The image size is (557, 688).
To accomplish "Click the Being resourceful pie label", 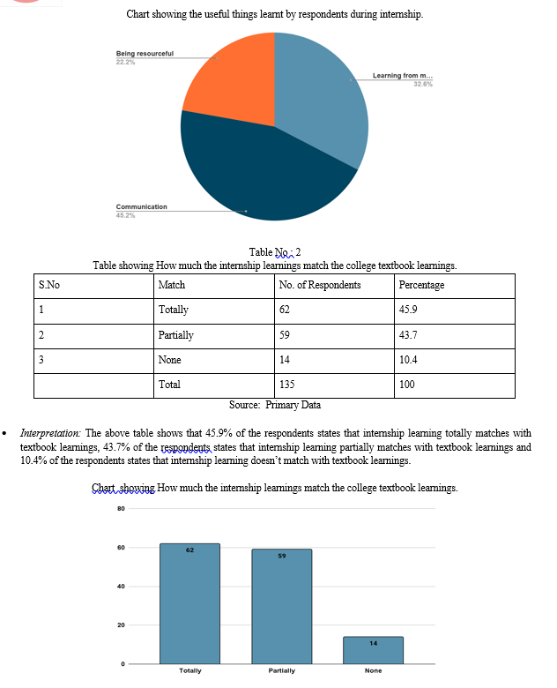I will pyautogui.click(x=145, y=54).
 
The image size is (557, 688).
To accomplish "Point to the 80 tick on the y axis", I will pyautogui.click(x=120, y=509).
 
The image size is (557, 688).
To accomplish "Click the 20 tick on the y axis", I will pyautogui.click(x=120, y=625).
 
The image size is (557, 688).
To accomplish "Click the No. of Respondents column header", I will pyautogui.click(x=319, y=285).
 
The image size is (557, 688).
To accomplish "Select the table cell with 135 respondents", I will pyautogui.click(x=287, y=385).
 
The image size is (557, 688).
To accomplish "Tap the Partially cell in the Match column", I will pyautogui.click(x=176, y=335).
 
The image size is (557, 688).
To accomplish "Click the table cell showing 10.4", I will pyautogui.click(x=408, y=360).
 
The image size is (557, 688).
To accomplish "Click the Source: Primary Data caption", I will pyautogui.click(x=275, y=405).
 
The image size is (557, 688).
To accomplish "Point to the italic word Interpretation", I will pyautogui.click(x=51, y=433).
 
